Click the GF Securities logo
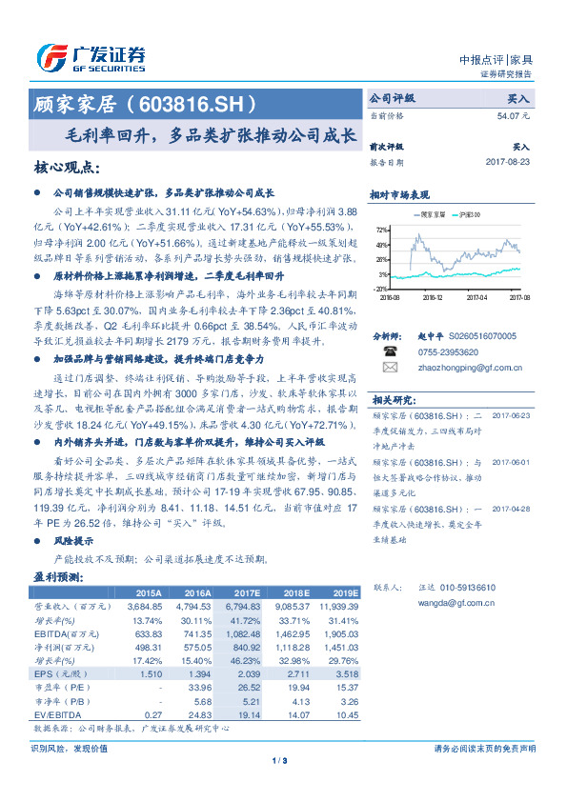[x=90, y=58]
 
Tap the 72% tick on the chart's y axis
[x=382, y=230]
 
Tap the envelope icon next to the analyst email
[x=389, y=366]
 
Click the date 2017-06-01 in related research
[x=512, y=461]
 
